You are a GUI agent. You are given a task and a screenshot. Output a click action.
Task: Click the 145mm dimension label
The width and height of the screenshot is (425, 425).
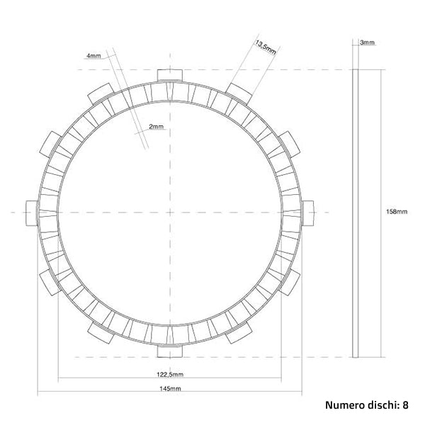point(170,390)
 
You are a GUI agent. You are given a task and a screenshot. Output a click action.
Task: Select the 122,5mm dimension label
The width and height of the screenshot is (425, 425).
point(170,374)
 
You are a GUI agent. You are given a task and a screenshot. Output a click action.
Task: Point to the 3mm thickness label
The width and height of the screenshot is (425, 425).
point(368,43)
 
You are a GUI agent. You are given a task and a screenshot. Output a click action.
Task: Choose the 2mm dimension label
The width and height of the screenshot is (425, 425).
point(156,127)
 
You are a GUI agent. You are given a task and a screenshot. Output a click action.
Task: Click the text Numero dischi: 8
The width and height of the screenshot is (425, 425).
point(366,406)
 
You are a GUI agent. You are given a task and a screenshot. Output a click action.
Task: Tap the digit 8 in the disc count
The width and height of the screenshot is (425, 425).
point(405,406)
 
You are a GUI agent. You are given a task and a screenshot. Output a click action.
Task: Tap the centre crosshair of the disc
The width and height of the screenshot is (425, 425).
point(170,212)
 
